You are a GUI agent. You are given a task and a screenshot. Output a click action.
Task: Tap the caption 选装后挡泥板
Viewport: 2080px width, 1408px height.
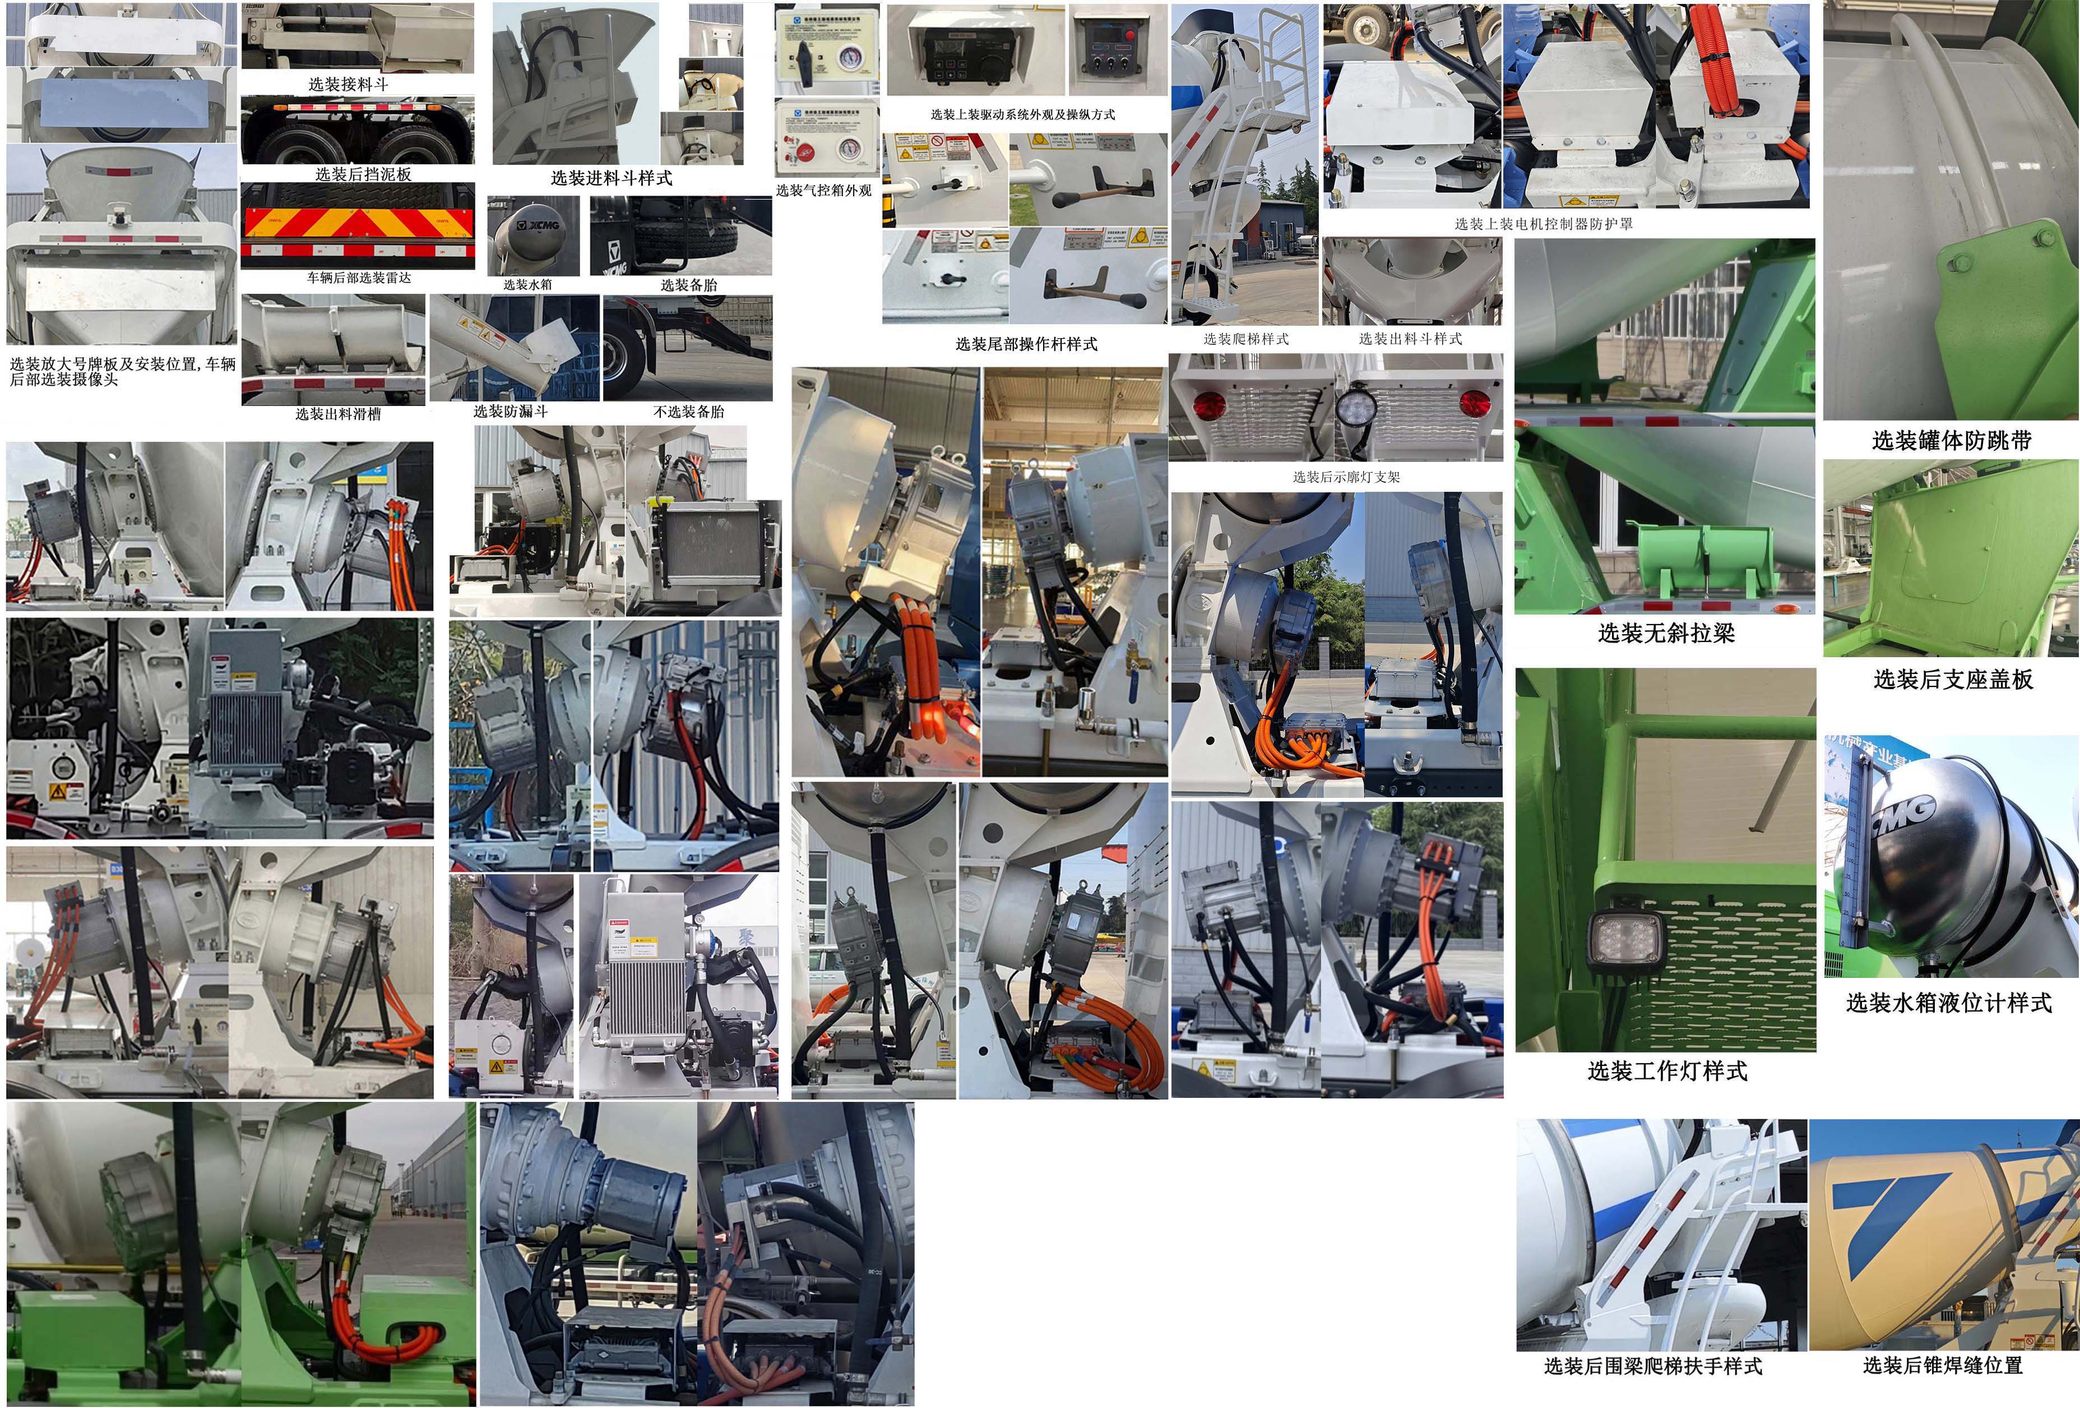pyautogui.click(x=363, y=174)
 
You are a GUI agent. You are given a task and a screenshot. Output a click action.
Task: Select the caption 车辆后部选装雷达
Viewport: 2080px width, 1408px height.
pyautogui.click(x=359, y=278)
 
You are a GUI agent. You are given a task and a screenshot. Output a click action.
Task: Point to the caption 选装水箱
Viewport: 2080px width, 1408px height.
pyautogui.click(x=527, y=285)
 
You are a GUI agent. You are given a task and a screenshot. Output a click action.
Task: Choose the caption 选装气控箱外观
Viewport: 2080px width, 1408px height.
pyautogui.click(x=823, y=190)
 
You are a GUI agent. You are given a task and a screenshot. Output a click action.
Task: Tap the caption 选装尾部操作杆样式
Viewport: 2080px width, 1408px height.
pyautogui.click(x=1026, y=344)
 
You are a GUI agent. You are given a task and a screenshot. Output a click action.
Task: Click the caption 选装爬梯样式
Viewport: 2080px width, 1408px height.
pyautogui.click(x=1246, y=338)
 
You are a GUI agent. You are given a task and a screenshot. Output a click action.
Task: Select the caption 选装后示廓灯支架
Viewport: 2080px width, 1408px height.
pyautogui.click(x=1346, y=477)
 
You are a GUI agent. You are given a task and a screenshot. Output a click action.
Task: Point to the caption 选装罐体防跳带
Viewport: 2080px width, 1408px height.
pyautogui.click(x=1951, y=440)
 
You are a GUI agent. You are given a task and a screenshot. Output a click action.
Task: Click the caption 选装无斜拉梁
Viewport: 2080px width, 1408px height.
pyautogui.click(x=1666, y=634)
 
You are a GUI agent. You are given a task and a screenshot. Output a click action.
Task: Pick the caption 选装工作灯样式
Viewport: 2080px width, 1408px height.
pyautogui.click(x=1666, y=1070)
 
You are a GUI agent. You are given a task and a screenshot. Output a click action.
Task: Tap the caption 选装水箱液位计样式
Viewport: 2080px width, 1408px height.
pyautogui.click(x=1948, y=1003)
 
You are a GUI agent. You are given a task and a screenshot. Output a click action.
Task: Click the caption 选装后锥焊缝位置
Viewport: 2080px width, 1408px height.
pyautogui.click(x=1942, y=1365)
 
